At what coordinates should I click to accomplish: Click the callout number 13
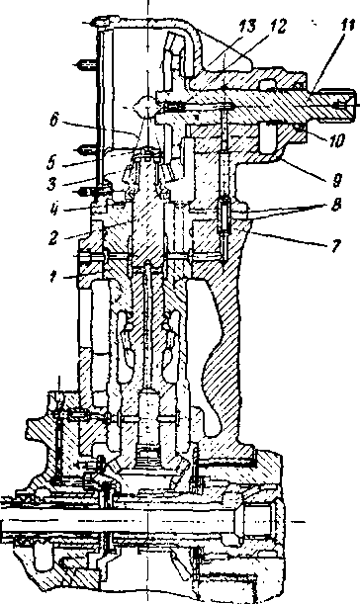246,27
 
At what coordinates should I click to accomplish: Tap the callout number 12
278,26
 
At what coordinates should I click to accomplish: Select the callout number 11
347,26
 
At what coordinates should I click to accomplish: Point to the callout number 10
336,141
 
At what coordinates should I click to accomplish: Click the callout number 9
337,180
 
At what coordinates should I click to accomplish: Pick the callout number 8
336,205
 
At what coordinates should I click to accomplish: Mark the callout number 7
337,245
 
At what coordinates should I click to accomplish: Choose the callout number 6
54,121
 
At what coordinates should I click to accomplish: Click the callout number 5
51,162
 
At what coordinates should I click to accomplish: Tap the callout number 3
51,183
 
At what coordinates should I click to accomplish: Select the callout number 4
54,211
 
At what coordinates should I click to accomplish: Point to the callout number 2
52,238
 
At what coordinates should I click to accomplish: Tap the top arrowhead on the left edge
90,23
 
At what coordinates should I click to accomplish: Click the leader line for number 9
306,167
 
